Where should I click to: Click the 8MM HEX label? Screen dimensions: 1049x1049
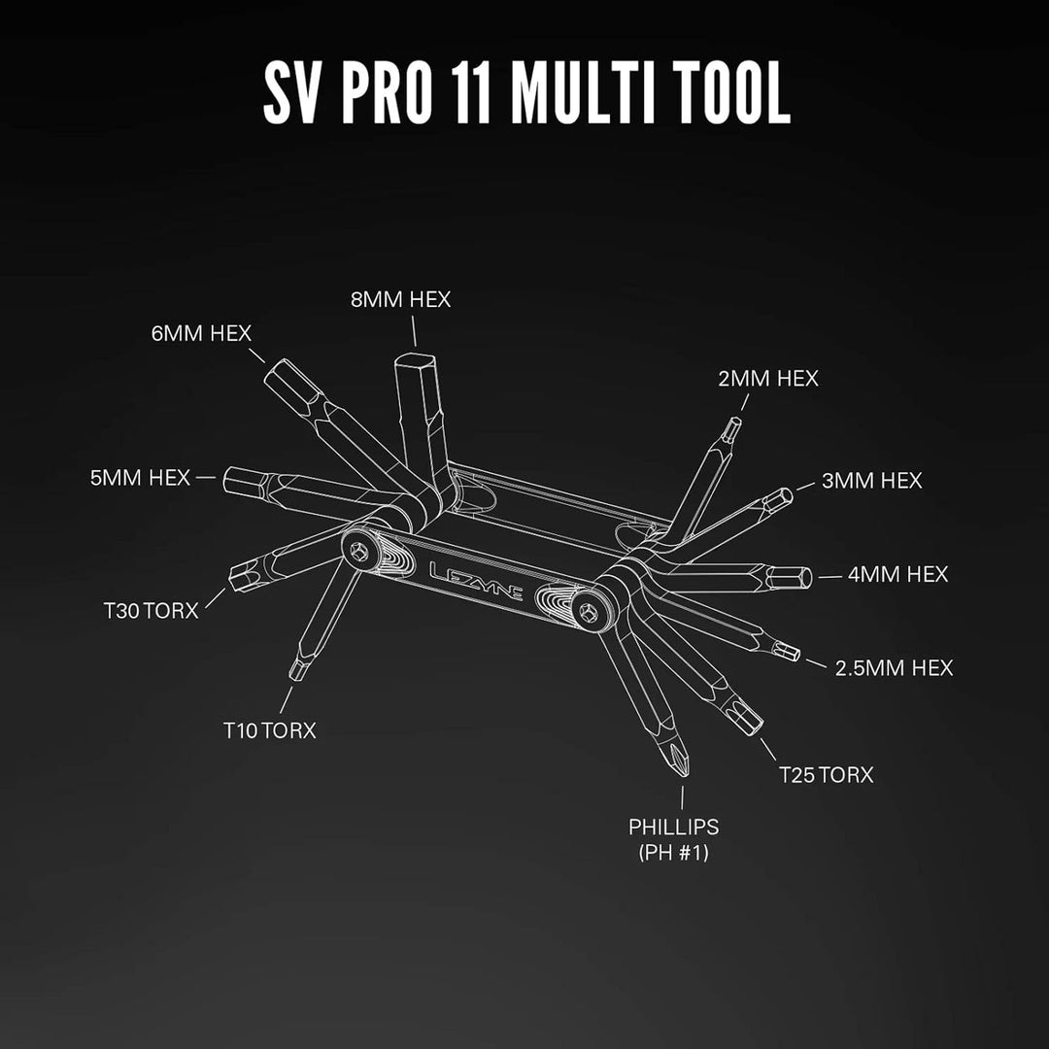(x=401, y=299)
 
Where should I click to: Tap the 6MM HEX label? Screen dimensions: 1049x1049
(x=201, y=333)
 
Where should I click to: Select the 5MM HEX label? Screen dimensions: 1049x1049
(x=141, y=478)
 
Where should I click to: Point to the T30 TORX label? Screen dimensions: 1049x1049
(x=152, y=610)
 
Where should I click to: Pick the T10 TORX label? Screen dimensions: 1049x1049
(x=270, y=729)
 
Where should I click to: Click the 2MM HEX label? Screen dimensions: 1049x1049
(x=768, y=379)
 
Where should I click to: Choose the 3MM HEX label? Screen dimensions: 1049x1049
(x=871, y=481)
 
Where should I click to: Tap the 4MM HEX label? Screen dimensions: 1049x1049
(x=897, y=574)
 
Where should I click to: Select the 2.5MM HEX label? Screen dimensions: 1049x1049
(x=894, y=667)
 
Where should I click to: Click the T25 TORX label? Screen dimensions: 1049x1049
(x=827, y=775)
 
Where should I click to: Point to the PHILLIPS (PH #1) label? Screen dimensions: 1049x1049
(x=674, y=839)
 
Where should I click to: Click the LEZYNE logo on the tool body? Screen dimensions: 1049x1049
(x=476, y=580)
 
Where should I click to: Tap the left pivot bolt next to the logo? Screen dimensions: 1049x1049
(x=359, y=552)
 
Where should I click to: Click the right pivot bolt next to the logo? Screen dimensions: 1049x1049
(x=589, y=612)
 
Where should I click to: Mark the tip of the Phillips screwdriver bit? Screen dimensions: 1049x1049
(x=683, y=775)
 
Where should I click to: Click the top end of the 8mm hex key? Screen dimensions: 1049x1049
(x=416, y=358)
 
